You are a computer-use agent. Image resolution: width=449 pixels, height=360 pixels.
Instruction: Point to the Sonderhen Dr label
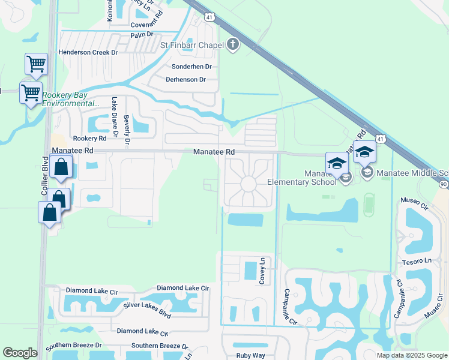point(192,67)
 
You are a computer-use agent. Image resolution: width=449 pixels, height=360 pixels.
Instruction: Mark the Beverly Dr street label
point(127,131)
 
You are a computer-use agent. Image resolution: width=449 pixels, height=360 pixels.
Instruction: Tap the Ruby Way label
point(250,355)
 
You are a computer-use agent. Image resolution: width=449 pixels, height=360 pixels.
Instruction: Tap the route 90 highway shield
point(443,184)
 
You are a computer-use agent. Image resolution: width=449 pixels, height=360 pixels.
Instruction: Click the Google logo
point(20,353)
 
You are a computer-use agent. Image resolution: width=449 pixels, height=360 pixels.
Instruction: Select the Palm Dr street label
point(142,35)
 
